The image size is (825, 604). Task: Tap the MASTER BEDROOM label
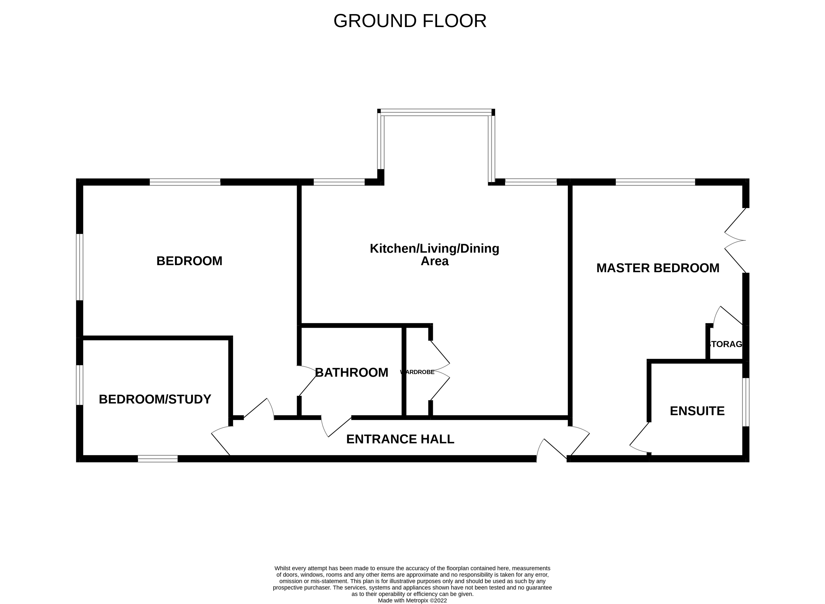pos(658,268)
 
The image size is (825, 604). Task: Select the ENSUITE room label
pos(697,411)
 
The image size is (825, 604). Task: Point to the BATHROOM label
pos(351,373)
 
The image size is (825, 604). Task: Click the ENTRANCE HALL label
pos(400,439)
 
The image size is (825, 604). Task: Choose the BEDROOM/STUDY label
pos(155,399)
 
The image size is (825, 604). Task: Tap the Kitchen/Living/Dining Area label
pos(434,255)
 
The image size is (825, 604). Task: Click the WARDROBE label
pos(418,372)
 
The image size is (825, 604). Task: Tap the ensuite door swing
pos(639,439)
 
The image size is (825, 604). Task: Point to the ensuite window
pos(745,402)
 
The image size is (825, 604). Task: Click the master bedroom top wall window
pos(655,182)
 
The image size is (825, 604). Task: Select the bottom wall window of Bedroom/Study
pos(158,459)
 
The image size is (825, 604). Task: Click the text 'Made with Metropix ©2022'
pos(412,600)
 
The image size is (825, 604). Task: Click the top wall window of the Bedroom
pos(185,182)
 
